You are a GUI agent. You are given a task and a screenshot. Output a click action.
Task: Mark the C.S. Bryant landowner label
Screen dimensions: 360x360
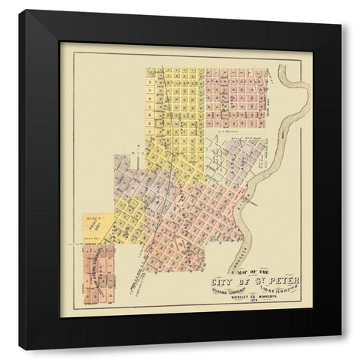click(x=223, y=128)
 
